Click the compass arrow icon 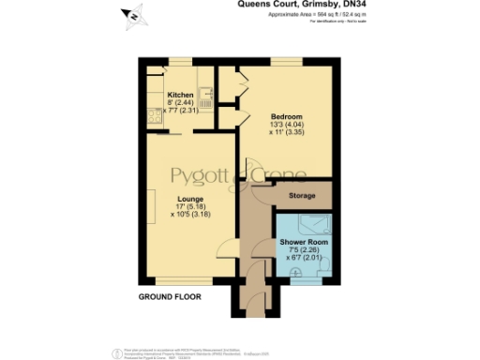point(132,16)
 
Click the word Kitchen point(180,96)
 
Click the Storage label point(302,196)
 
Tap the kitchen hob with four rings point(151,115)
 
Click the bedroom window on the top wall point(286,62)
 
